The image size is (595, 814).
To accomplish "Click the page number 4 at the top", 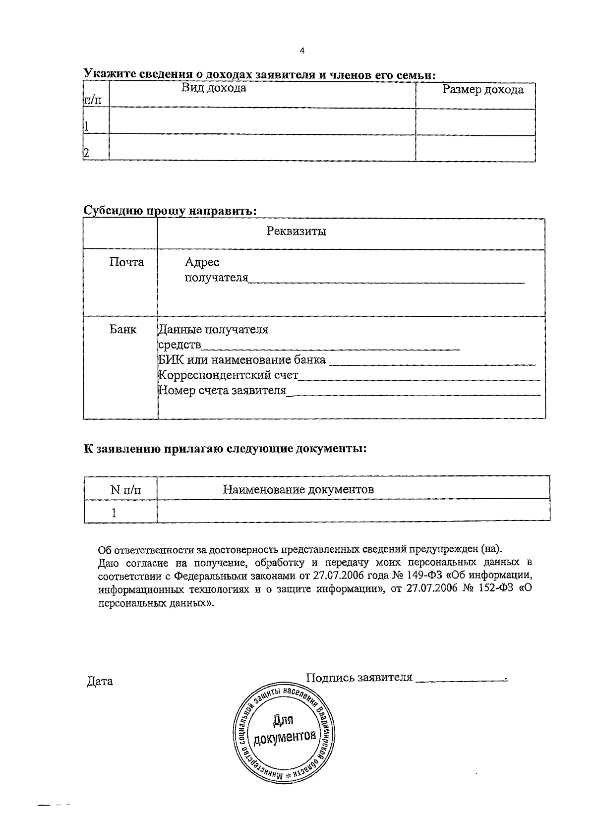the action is click(x=302, y=51).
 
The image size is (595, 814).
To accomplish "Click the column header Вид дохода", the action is click(x=214, y=88).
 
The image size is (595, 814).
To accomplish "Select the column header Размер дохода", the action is click(x=482, y=90).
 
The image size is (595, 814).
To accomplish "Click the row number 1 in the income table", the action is click(x=87, y=126).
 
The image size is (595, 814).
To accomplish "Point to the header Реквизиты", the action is click(x=297, y=231).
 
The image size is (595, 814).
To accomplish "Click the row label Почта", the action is click(x=126, y=262).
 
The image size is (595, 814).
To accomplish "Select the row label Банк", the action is click(x=123, y=329).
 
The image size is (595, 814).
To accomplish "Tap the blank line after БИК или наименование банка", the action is click(x=432, y=362).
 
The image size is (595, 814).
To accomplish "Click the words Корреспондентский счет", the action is click(x=228, y=375).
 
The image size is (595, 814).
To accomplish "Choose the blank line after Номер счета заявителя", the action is click(x=414, y=393).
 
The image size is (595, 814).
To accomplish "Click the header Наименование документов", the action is click(x=298, y=490).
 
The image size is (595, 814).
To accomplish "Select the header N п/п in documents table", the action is click(x=125, y=490).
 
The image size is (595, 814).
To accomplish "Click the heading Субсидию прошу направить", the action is click(x=170, y=210).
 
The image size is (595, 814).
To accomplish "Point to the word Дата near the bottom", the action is click(x=100, y=681).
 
